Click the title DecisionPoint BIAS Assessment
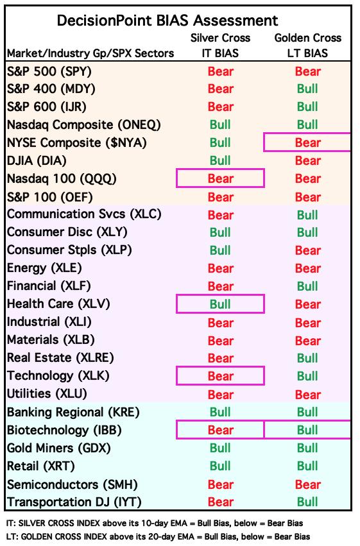coord(167,21)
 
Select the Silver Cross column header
coord(220,38)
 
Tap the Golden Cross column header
coord(308,38)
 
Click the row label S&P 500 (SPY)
coord(49,71)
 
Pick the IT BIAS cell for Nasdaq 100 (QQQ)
coord(220,178)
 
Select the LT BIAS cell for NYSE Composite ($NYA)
coord(308,142)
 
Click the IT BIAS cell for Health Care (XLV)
coord(220,304)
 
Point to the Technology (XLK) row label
coord(58,375)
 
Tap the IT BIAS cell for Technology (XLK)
coord(220,376)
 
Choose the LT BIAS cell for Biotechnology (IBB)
coord(308,430)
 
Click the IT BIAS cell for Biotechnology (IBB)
coord(220,430)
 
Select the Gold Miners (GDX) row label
coord(59,448)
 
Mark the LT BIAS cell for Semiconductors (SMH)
coord(308,484)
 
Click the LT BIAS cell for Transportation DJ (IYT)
coord(308,502)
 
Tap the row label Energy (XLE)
coord(44,268)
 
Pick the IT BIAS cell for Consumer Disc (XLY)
coord(220,232)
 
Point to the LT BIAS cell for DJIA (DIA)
coord(308,160)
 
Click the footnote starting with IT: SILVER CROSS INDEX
coord(155,523)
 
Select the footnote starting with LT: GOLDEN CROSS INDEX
coord(158,536)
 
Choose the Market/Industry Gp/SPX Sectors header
coord(90,53)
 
